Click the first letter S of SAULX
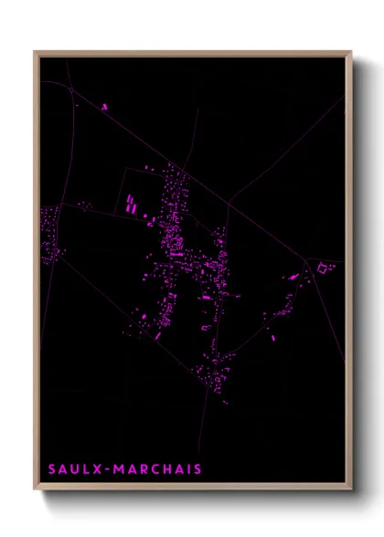52,469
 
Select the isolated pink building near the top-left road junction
105,107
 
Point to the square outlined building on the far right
325,268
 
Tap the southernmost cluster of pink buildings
219,384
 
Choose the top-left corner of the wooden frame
36,53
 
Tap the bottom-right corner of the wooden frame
350,489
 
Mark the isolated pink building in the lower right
272,337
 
